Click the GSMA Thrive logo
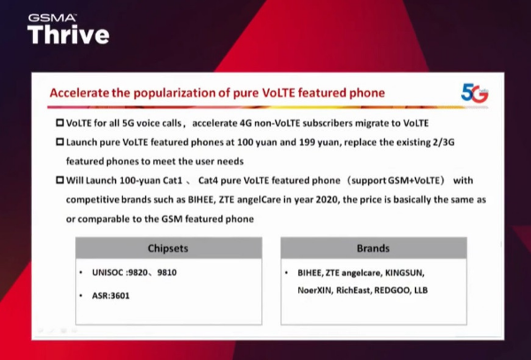68,29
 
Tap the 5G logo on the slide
474,93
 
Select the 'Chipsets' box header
168,249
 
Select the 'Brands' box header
373,249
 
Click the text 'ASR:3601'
111,295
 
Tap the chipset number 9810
167,272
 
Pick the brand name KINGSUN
404,272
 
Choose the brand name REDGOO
392,290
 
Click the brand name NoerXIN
316,290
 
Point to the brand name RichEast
354,290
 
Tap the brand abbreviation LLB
421,290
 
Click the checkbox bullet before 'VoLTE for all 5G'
59,122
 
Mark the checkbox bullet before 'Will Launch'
59,180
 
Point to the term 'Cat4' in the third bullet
208,180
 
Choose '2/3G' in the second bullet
443,142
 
